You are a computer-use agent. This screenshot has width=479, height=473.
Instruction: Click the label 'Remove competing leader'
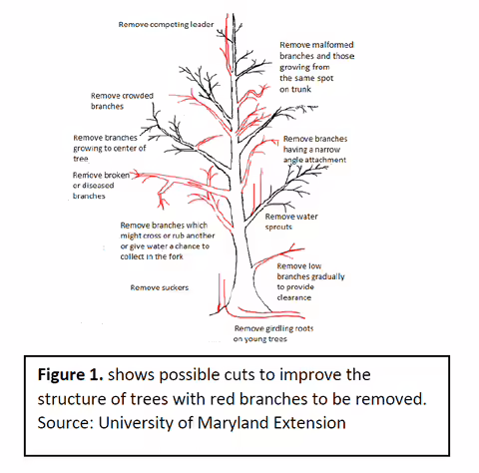(x=166, y=25)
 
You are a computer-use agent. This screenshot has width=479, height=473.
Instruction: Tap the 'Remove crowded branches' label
(x=122, y=101)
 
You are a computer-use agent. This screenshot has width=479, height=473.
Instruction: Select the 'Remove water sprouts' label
(x=291, y=222)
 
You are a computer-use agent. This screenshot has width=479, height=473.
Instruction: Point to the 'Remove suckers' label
(x=160, y=287)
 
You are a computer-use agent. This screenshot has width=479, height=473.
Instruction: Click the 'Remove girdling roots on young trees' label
(x=273, y=333)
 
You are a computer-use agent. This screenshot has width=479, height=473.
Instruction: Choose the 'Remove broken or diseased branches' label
(x=101, y=186)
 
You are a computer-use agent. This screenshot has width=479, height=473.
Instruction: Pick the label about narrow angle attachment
(x=315, y=150)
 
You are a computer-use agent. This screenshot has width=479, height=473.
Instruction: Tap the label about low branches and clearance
(x=310, y=281)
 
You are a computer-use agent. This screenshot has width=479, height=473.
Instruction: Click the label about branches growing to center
(x=110, y=148)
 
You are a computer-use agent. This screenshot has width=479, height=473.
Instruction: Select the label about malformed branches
(x=316, y=67)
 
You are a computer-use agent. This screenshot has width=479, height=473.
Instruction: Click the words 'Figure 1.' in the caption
(x=70, y=374)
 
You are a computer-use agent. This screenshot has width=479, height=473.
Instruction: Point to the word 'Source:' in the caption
(x=65, y=423)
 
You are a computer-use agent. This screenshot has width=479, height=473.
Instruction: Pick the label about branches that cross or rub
(x=168, y=240)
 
